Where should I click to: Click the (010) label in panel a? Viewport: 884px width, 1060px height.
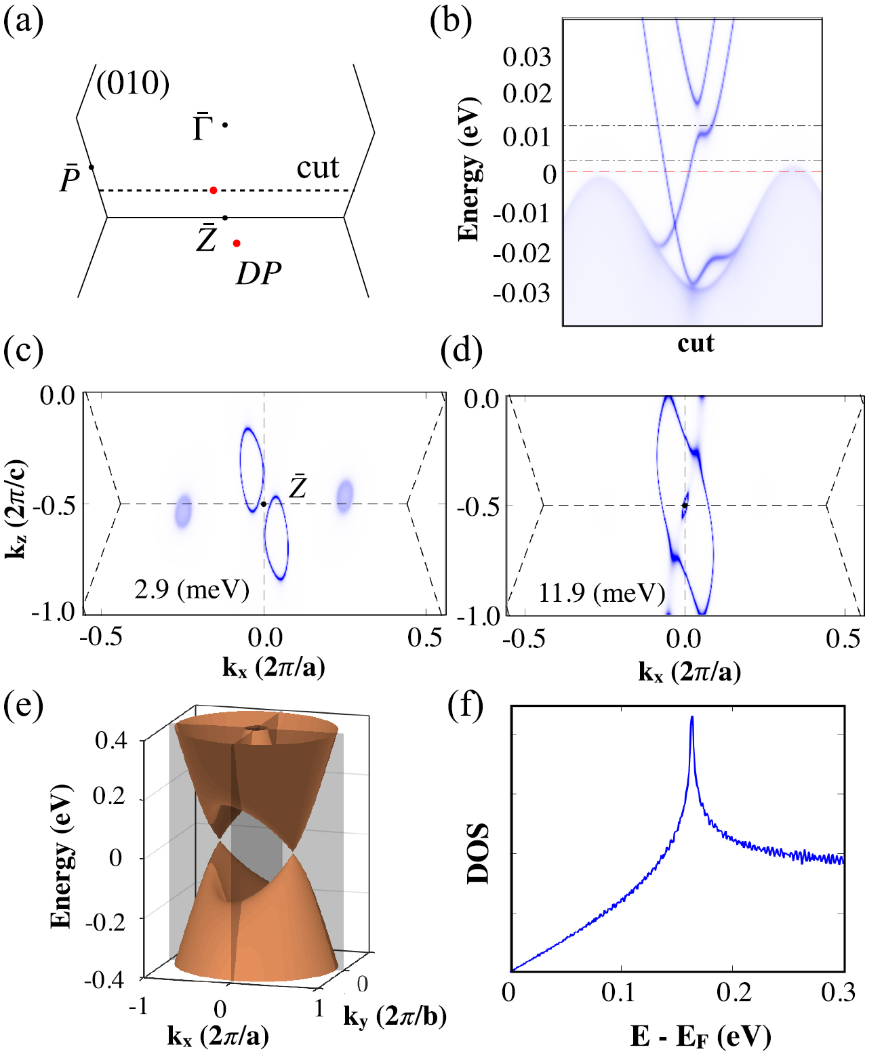point(133,84)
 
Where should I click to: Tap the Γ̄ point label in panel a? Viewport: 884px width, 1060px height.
point(202,127)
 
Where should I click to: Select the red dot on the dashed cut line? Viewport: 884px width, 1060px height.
point(214,190)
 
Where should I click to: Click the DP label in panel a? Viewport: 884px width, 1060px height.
point(258,274)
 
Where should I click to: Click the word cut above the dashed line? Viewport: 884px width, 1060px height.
point(317,168)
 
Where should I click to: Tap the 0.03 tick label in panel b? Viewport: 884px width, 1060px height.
point(526,57)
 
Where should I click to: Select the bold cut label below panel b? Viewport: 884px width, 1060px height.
point(696,344)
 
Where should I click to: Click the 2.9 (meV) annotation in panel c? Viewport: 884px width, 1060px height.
point(192,590)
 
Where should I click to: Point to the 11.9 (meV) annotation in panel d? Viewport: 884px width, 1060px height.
point(601,593)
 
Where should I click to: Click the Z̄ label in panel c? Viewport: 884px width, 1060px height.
point(298,487)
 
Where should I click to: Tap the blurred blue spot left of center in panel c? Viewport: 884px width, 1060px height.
point(183,511)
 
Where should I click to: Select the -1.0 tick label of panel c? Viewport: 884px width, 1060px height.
point(54,611)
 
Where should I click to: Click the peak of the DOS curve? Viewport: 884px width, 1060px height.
point(691,718)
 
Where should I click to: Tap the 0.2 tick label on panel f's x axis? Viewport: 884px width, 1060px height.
point(734,992)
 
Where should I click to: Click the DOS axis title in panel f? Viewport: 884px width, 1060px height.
point(479,853)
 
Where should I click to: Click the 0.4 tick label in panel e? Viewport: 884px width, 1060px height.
point(110,740)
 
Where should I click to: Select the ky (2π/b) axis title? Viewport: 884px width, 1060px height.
point(395,1016)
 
